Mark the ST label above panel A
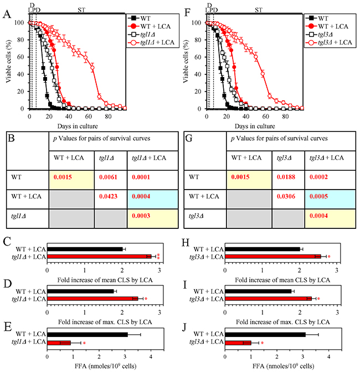[81, 9]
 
